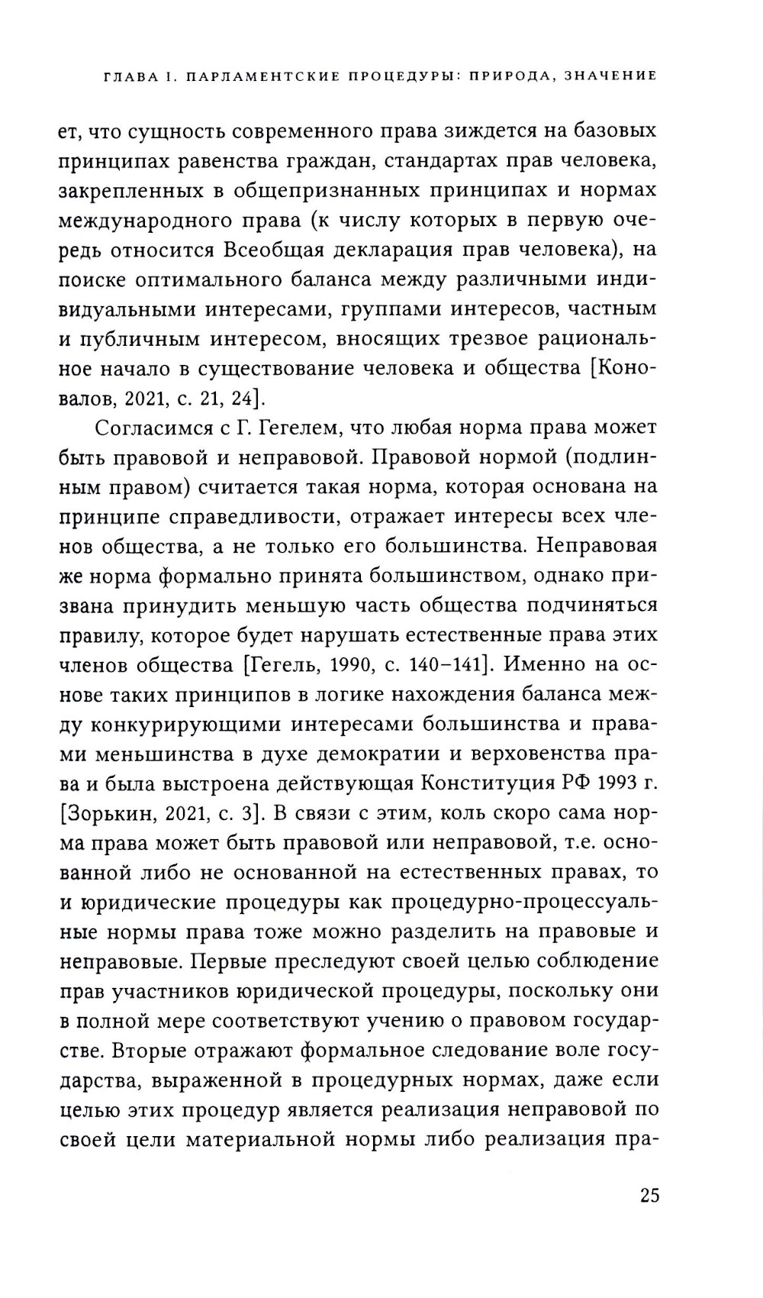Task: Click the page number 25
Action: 649,1195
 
